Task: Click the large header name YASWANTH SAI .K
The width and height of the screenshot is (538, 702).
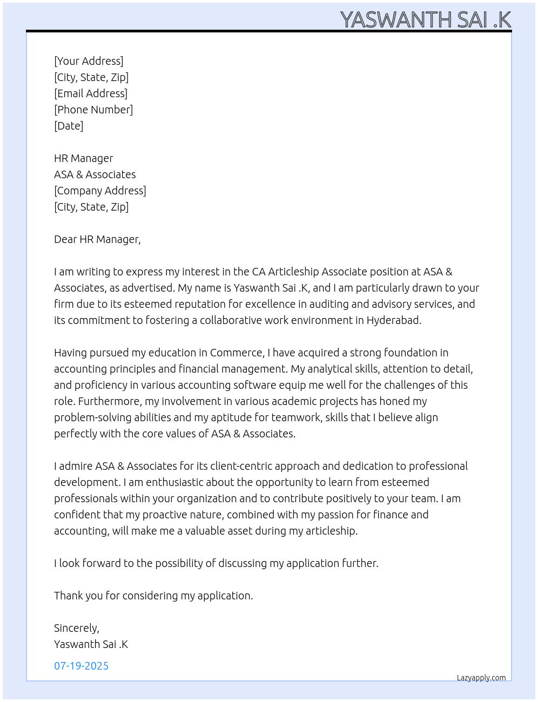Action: tap(426, 19)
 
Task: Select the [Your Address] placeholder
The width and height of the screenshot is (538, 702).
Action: tap(89, 61)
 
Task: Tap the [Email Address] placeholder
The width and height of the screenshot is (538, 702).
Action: tap(91, 93)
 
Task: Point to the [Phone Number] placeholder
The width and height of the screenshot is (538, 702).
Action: tap(93, 110)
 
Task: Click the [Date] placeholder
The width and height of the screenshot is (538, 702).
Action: tap(69, 126)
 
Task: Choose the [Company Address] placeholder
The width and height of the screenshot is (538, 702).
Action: tap(100, 191)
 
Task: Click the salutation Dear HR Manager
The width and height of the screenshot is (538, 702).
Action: tap(97, 239)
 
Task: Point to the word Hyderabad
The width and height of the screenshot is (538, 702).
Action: tap(393, 320)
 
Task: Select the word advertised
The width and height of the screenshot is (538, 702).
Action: tap(150, 288)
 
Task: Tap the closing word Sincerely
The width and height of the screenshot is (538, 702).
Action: tap(76, 628)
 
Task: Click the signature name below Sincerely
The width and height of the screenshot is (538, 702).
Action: tap(91, 644)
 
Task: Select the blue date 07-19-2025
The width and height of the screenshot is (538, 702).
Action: tap(81, 666)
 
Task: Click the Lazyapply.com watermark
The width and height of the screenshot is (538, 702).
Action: tap(481, 678)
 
